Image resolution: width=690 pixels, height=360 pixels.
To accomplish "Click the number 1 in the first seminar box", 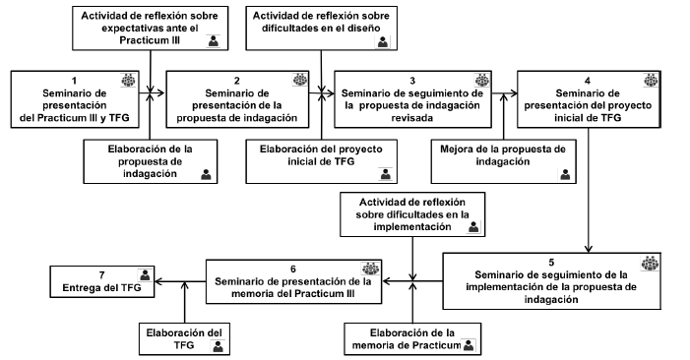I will pos(75,81).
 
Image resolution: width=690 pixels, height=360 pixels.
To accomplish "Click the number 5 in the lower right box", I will pos(550,263).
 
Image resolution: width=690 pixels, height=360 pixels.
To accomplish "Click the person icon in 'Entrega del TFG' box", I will pos(145,274).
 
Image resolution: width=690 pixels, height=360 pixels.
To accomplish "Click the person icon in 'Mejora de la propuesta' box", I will pos(564,174).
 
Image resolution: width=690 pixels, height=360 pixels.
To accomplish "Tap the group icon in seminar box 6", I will pos(370,267).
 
